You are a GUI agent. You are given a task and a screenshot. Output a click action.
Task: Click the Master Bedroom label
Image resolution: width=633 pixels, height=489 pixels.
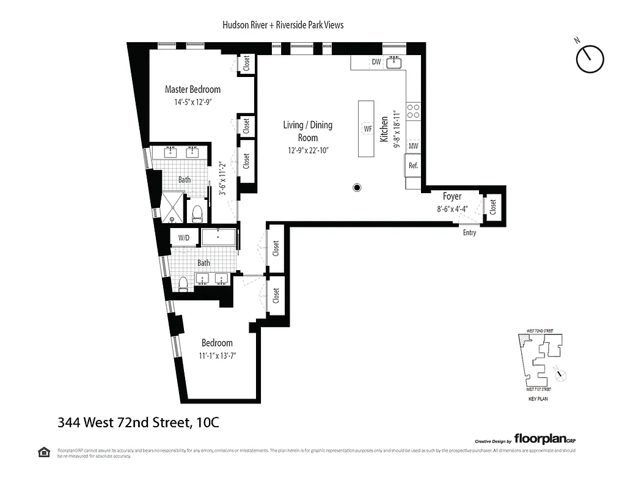coord(192,89)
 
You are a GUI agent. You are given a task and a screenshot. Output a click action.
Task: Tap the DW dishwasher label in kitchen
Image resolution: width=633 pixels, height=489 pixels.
coord(376,62)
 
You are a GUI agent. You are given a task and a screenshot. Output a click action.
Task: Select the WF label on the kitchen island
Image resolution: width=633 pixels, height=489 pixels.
coord(367,129)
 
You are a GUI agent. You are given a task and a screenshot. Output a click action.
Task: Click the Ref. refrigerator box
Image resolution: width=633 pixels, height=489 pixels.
coord(413,165)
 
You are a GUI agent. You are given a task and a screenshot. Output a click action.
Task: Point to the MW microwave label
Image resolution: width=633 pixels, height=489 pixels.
coord(413,145)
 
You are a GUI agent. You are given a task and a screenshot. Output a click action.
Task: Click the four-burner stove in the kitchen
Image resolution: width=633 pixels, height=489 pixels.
coord(414,111)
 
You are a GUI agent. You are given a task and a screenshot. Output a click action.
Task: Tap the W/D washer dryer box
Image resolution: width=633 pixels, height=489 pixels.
coord(183,238)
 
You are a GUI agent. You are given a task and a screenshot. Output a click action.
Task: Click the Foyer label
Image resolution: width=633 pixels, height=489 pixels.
coord(452,197)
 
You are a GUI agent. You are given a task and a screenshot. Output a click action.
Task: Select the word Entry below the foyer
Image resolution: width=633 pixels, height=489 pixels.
coord(469,233)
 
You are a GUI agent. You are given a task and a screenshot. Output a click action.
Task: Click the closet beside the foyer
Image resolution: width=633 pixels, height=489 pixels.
coord(492,207)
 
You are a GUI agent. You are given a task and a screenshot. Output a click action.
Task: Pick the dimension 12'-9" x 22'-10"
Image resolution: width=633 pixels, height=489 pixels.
coord(308,150)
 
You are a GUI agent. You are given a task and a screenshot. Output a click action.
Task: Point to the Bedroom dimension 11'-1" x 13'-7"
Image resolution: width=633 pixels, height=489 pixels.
coord(218,355)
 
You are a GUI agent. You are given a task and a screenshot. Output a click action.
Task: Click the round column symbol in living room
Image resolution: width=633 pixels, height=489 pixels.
coord(357,188)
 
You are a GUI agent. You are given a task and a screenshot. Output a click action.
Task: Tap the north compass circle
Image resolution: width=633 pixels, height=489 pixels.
coord(590,59)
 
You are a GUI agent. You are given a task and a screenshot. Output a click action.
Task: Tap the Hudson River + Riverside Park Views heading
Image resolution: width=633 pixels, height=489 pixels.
coord(283,25)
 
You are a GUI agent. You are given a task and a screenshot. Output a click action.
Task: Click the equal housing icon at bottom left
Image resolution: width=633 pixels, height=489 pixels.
coord(43,452)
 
